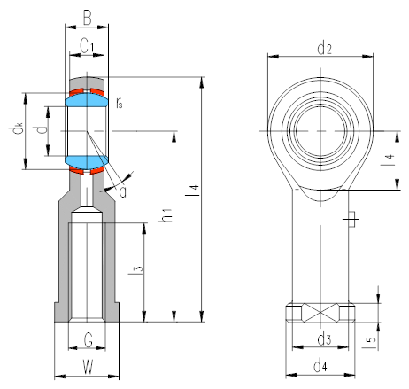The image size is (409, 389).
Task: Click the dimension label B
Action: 87,18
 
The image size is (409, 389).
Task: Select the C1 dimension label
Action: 87,46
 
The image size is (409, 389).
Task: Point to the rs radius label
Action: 119,103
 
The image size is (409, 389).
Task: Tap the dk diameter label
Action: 16,128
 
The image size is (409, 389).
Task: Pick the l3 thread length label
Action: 135,268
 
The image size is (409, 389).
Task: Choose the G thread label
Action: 89,340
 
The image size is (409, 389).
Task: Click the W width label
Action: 88,367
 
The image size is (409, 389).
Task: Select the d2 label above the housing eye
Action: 324,49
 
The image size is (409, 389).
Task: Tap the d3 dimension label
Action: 324,338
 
